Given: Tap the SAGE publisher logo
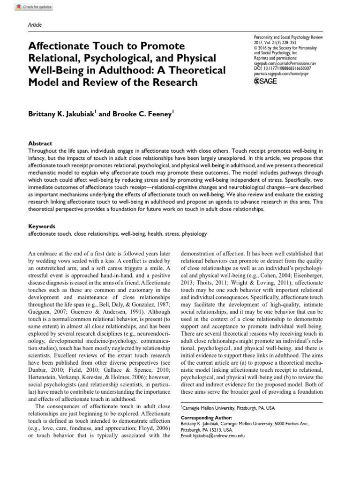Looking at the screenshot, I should [x=265, y=81].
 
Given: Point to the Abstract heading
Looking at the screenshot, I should [x=40, y=143].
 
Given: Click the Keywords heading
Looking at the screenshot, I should [x=41, y=225].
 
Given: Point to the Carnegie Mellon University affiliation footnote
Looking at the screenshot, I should [x=228, y=408].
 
